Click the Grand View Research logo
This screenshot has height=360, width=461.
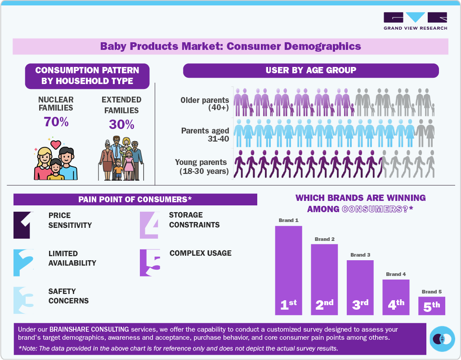click(x=415, y=21)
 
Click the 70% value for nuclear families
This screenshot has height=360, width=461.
click(x=56, y=122)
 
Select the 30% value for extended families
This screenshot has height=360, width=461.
click(x=121, y=124)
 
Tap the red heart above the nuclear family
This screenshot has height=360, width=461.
click(x=56, y=144)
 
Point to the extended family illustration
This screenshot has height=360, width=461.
click(x=121, y=159)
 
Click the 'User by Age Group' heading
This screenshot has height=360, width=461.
click(x=310, y=71)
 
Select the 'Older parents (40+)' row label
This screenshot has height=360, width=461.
click(x=205, y=104)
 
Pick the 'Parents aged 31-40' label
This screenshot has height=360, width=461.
click(x=205, y=134)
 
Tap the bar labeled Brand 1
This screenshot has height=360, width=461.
click(x=288, y=270)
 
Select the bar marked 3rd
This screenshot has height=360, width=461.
click(x=360, y=288)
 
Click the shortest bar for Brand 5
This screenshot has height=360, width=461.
click(x=432, y=306)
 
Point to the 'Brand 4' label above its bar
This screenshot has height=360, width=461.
click(x=396, y=274)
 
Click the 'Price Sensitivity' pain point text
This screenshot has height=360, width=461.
click(x=70, y=220)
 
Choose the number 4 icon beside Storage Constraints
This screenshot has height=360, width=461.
click(x=149, y=225)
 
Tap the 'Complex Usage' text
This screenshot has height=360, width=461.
click(x=201, y=253)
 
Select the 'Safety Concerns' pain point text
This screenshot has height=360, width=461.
click(x=68, y=296)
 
